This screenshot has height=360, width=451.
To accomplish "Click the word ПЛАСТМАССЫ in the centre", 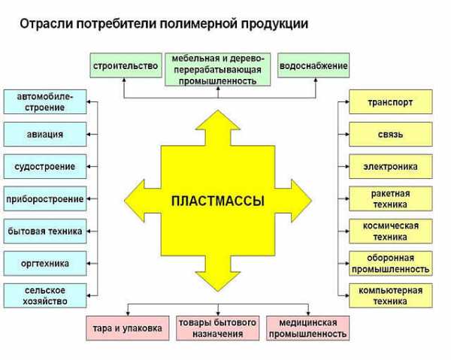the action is point(218,201).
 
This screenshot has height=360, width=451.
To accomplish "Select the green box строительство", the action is point(126,65).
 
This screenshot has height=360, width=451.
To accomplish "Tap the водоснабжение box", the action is point(313,65).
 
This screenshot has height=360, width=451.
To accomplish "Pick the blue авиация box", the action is point(45,135).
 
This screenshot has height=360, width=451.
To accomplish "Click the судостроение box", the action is point(45,167).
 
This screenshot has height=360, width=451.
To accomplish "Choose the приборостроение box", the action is point(45,198).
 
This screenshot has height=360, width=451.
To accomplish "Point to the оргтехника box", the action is point(45,263).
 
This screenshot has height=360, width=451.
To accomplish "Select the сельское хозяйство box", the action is point(45,295).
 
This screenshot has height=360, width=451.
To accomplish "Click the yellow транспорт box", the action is point(391,101).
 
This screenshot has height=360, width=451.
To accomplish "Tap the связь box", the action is point(391,135).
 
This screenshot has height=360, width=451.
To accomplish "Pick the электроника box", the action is point(391,167).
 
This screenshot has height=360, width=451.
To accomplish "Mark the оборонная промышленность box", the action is point(391,263).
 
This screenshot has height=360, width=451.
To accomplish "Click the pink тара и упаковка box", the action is point(128,328).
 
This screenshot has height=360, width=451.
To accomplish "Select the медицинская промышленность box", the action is point(307,328).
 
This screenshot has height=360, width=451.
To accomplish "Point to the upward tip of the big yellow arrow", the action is point(218,110).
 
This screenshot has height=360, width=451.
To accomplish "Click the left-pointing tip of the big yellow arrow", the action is point(125,201).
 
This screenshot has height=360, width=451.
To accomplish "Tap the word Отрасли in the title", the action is point(46,23).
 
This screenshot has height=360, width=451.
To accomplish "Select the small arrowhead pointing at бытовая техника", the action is point(89,231).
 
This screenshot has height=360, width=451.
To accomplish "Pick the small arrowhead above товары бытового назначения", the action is point(218,313).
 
